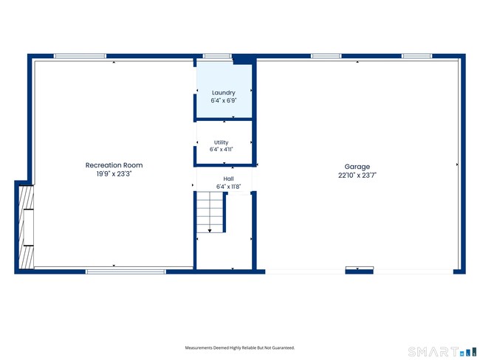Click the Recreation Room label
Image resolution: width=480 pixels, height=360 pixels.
tap(114, 165)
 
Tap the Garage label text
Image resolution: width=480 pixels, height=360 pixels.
tap(357, 167)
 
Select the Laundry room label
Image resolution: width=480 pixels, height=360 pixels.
tap(224, 93)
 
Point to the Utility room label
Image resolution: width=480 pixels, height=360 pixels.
tap(221, 142)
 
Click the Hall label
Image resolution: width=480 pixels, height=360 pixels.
tap(228, 179)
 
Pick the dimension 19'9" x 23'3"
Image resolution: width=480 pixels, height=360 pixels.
tap(114, 174)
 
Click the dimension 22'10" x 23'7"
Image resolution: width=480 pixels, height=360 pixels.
tap(357, 176)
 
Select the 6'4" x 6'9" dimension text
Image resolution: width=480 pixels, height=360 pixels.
tap(224, 100)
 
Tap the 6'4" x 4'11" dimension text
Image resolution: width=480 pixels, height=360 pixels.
tap(221, 149)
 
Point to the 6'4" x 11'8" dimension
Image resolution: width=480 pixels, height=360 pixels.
tap(228, 187)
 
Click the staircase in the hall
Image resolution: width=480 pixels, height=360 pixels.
tap(210, 212)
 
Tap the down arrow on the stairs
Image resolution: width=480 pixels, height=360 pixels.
tap(210, 231)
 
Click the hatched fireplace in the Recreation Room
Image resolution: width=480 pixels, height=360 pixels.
tap(27, 227)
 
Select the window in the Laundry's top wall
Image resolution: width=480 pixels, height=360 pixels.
tap(217, 56)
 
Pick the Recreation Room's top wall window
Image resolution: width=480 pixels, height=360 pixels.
tap(80, 56)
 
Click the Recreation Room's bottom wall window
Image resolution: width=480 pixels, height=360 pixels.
tap(126, 271)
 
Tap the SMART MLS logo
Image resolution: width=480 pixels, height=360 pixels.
tap(442, 352)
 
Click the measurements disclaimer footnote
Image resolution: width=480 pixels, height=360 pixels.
tap(240, 347)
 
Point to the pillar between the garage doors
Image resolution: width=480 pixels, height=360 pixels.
tap(360, 271)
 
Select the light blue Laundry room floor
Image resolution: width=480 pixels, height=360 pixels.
tap(224, 90)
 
